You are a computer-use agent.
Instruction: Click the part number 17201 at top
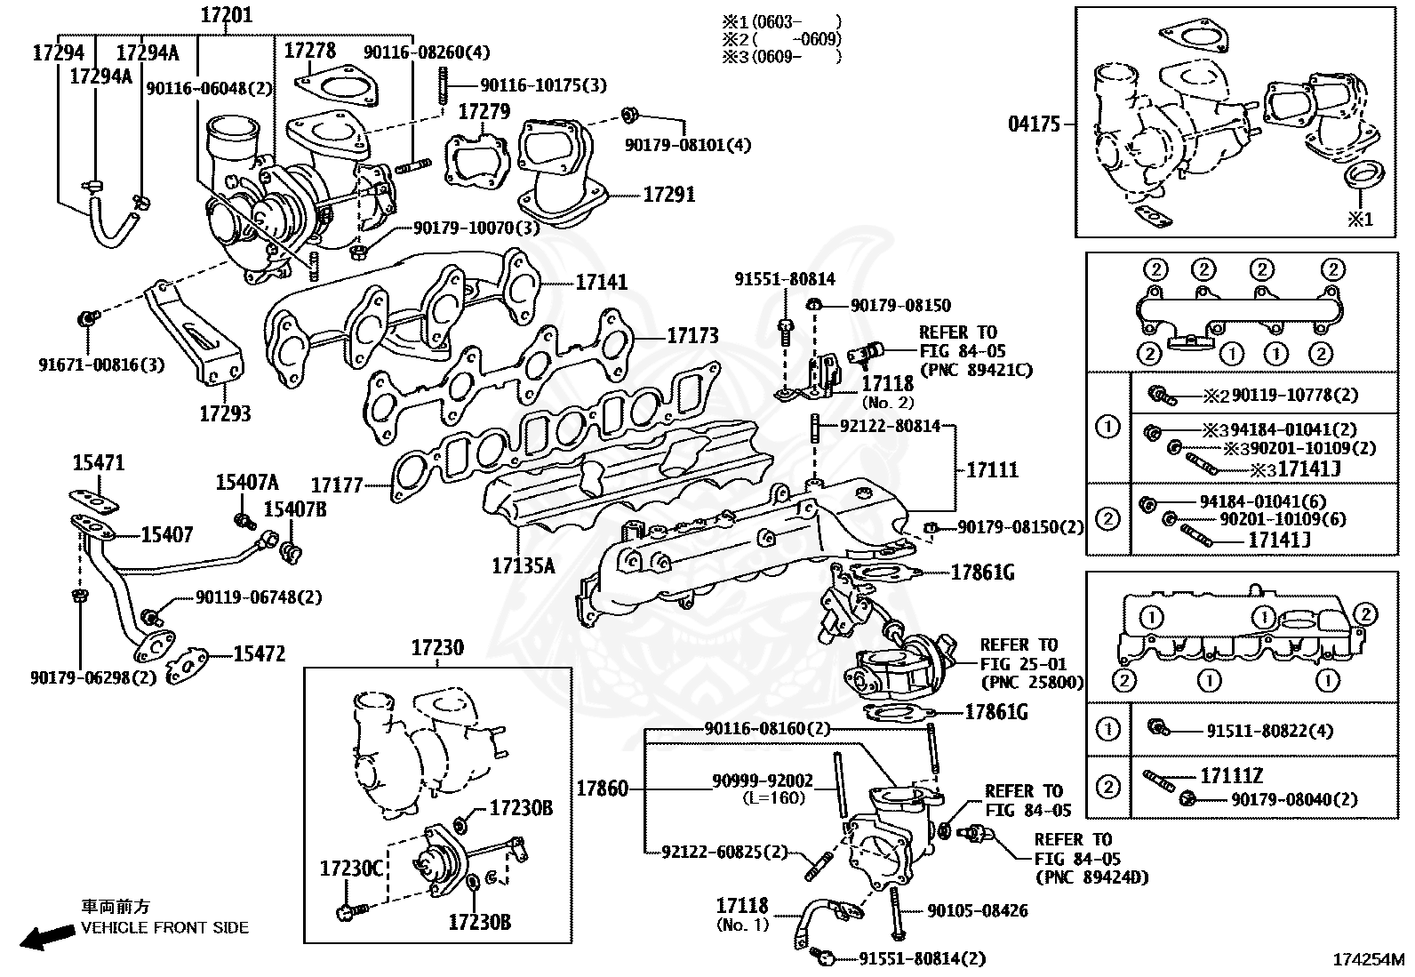(226, 14)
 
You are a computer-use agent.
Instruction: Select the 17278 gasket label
(309, 52)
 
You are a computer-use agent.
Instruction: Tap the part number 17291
(669, 194)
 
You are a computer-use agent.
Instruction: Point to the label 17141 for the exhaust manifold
(601, 282)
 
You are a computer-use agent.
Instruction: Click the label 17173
(692, 336)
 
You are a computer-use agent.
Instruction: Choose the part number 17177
(337, 485)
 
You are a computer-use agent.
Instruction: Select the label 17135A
(523, 565)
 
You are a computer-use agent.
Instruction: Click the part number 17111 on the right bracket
(992, 469)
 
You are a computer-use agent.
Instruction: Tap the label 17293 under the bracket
(224, 413)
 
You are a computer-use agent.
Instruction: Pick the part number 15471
(99, 463)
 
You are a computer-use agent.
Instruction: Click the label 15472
(260, 654)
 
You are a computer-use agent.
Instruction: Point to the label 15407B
(294, 509)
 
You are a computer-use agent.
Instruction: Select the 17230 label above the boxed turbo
(436, 648)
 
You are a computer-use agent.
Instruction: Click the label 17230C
(352, 868)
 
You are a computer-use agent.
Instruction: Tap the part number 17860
(602, 789)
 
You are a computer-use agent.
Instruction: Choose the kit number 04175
(1035, 124)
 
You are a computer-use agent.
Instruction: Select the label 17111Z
(1232, 776)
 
